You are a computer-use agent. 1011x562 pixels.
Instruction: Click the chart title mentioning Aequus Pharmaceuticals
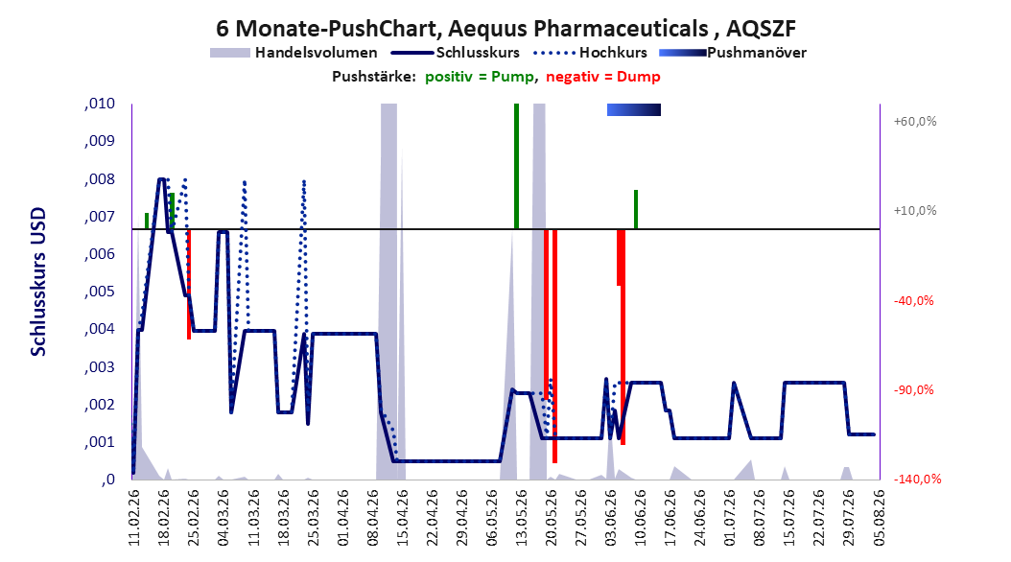(x=505, y=29)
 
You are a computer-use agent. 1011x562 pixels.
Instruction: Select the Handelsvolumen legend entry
(x=294, y=53)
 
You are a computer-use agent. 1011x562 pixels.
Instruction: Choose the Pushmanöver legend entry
(x=733, y=53)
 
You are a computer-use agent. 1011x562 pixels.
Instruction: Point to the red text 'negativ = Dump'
(x=603, y=77)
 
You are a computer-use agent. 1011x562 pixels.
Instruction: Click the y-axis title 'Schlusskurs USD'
(x=38, y=282)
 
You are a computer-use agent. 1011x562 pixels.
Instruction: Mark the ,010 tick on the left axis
(x=100, y=104)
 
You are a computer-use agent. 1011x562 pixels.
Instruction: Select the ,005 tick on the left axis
(x=100, y=292)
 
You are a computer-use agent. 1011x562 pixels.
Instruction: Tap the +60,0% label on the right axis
(x=915, y=121)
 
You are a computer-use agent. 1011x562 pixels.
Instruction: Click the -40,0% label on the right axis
(x=913, y=301)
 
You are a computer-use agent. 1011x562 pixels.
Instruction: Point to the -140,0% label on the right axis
(x=917, y=479)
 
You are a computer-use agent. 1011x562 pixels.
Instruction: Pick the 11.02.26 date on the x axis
(x=133, y=518)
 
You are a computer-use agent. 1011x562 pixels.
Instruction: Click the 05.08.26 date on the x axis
(x=879, y=518)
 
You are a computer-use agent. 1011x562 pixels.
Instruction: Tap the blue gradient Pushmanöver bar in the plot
(x=634, y=109)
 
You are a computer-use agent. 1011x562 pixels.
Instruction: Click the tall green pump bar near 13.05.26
(x=516, y=166)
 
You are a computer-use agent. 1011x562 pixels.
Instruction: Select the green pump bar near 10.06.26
(x=636, y=209)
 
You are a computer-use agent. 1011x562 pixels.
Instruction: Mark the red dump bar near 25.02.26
(x=189, y=284)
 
